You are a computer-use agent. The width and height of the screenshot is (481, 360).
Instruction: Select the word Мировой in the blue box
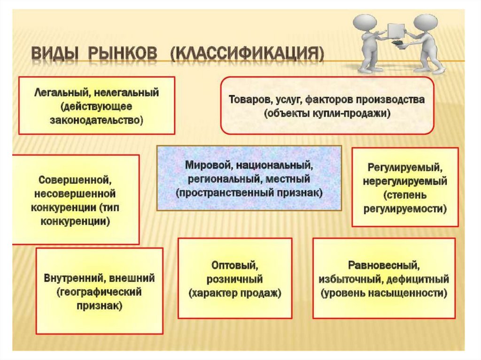207,165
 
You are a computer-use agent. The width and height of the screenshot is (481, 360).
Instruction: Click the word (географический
100,292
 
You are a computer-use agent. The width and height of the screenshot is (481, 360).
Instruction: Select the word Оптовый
235,266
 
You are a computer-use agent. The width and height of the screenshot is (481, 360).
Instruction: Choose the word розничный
235,280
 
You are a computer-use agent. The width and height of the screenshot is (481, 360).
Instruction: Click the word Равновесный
383,266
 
